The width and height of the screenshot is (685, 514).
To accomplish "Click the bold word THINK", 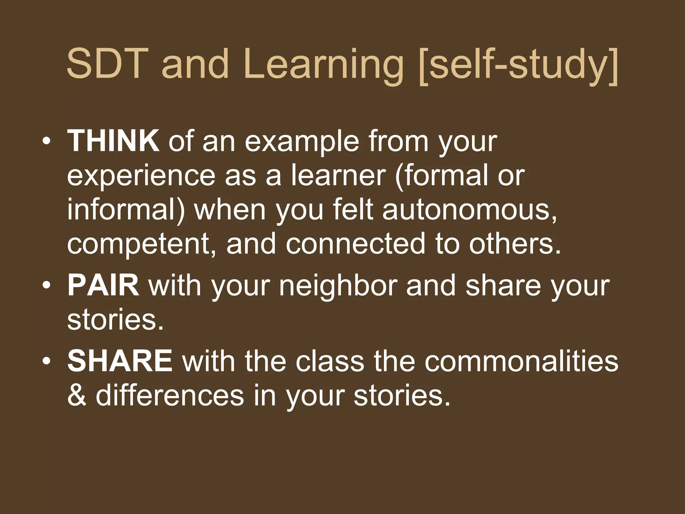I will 113,141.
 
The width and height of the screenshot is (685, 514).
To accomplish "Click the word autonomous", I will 470,209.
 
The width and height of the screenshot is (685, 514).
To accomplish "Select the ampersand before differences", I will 77,396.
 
